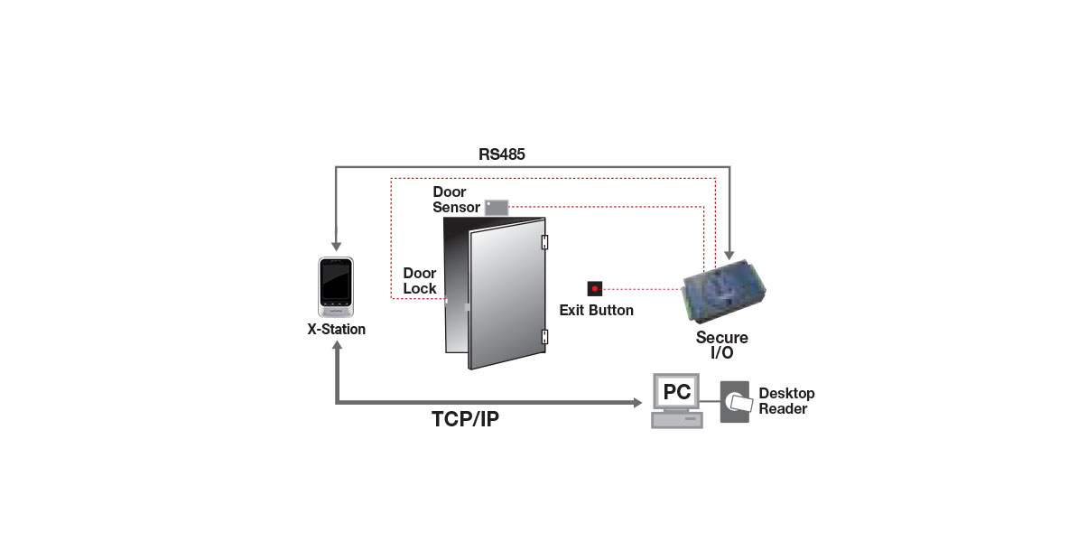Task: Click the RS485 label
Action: pos(502,154)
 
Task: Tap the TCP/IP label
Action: pos(465,419)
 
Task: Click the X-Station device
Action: pos(336,287)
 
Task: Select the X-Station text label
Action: pos(336,330)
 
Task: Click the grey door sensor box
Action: pos(497,208)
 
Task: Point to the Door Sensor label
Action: pos(456,200)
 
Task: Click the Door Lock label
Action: pos(420,281)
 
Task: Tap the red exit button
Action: pos(594,288)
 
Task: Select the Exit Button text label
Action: pos(597,311)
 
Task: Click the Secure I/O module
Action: pos(724,291)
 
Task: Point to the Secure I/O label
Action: pos(722,345)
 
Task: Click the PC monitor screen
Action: pos(676,391)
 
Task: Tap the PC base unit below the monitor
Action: pos(677,420)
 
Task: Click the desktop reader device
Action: pos(735,402)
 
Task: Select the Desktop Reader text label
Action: pos(786,401)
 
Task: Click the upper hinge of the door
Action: pos(544,242)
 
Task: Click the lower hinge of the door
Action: pos(544,337)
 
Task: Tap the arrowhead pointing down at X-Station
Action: pos(336,247)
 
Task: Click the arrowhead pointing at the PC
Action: pos(637,402)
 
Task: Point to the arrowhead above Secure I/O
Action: pos(729,255)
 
